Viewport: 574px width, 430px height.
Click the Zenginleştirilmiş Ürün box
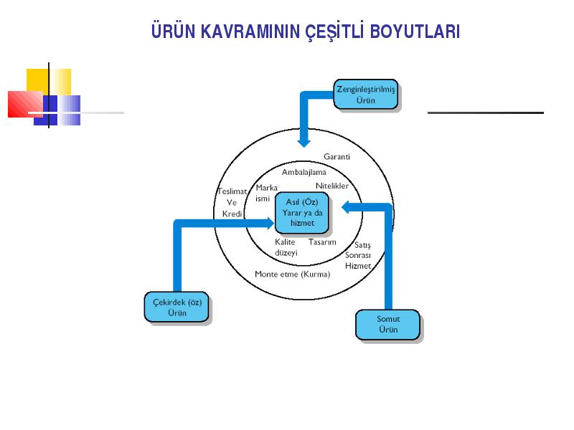366,95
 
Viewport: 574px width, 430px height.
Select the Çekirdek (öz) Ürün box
177,307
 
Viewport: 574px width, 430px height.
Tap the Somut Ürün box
387,325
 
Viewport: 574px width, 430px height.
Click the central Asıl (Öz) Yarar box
302,213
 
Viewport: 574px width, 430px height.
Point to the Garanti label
337,156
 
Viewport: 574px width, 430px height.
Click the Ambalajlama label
304,172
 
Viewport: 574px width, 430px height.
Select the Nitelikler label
332,186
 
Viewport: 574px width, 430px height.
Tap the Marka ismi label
266,193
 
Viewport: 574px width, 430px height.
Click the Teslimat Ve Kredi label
232,202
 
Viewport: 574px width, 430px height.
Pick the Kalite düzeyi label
286,247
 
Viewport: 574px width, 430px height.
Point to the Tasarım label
322,242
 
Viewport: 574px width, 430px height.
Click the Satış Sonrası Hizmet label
358,255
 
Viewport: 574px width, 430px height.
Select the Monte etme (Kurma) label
293,274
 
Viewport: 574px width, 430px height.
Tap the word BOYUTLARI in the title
415,32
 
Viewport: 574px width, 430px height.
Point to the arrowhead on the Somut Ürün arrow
346,207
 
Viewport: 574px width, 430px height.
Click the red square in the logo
25,104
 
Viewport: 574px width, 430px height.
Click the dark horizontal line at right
486,113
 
